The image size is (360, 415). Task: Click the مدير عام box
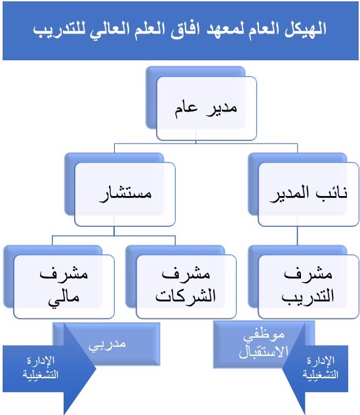pos(207,108)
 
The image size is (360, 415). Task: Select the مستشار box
pos(125,194)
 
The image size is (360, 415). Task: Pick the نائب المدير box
pos(308,194)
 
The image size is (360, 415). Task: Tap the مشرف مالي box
pos(64,287)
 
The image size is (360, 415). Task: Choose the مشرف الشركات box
pos(186,287)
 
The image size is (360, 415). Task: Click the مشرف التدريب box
pos(308,287)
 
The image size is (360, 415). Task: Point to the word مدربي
pos(107,344)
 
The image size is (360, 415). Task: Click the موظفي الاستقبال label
pos(264,344)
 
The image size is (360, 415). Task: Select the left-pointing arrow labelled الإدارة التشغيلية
pos(315,368)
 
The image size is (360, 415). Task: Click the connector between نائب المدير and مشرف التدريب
pos(297,236)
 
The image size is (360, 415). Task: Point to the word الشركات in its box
pos(186,296)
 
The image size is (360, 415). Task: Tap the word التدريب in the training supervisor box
pos(308,297)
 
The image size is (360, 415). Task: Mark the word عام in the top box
pos(186,109)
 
